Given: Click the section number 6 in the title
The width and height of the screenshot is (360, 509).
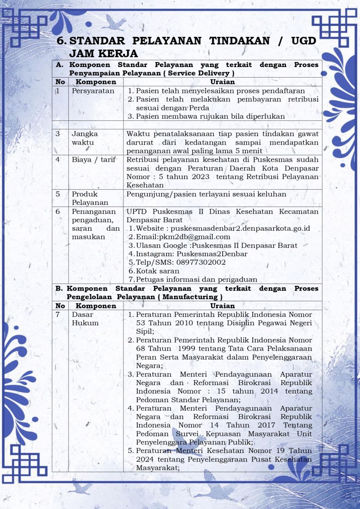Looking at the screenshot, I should [x=62, y=41].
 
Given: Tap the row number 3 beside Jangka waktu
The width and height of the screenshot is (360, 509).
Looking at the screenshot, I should [x=58, y=134].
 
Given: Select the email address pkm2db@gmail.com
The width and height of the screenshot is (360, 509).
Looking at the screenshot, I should [x=195, y=237].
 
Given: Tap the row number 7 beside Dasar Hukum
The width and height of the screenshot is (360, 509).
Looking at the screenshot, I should [x=58, y=314].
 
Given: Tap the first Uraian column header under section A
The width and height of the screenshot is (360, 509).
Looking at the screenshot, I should [x=222, y=82].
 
